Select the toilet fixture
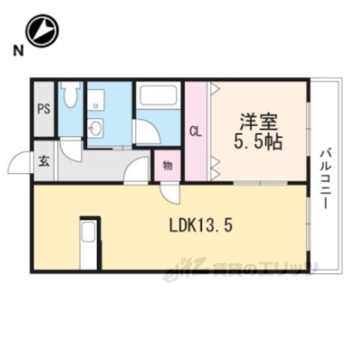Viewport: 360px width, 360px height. tap(70, 97)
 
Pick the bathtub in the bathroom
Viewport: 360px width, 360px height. tap(157, 97)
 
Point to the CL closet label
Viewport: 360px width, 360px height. tap(195, 133)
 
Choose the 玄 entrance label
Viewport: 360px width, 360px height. tap(43, 160)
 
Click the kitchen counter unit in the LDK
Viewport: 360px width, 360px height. tap(88, 242)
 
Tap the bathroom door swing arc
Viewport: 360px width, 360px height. tap(148, 135)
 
